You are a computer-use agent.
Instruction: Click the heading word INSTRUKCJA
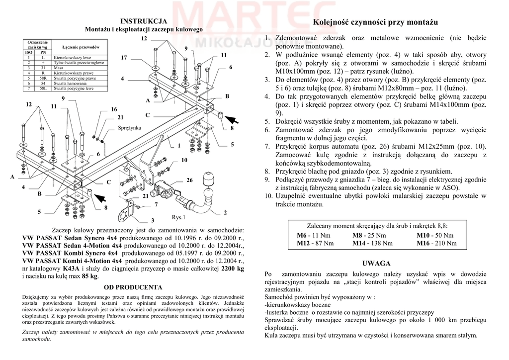coord(144,21)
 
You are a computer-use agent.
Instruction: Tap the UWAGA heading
coord(376,264)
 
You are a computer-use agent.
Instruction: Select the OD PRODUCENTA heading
coord(133,287)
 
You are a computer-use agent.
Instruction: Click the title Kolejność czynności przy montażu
coord(375,23)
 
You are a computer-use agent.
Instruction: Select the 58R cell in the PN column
coord(43,78)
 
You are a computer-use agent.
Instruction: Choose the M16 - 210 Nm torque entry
coord(436,243)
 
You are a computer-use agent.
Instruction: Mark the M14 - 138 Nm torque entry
coord(372,243)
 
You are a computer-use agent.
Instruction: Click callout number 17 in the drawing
coord(124,58)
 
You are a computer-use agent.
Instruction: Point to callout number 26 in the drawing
coord(189,180)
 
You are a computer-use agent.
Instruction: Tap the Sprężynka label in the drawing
coord(130,128)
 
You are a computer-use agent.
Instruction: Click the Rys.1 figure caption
coord(178,217)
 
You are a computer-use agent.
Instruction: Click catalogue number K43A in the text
coord(71,269)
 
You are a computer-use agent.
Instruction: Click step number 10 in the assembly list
coord(268,196)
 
